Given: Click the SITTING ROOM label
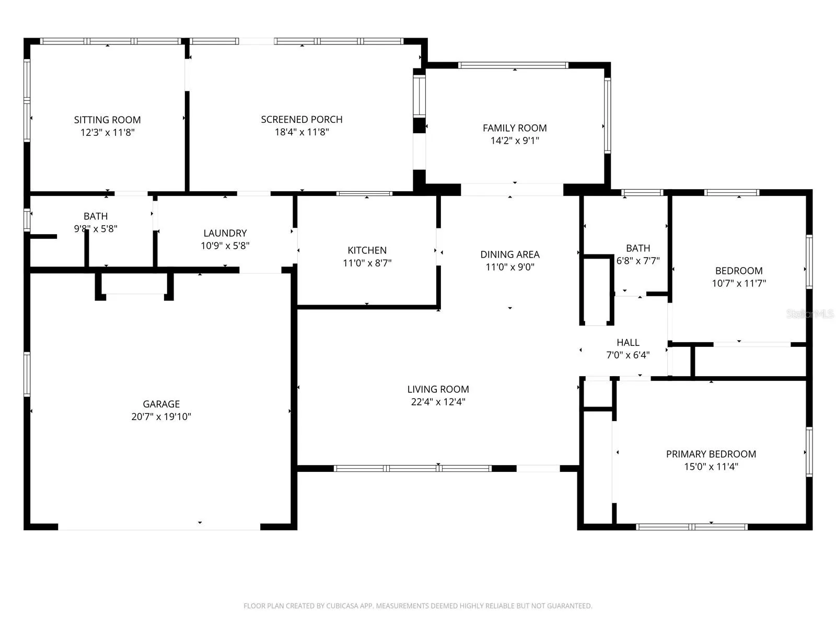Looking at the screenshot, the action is click(x=107, y=120).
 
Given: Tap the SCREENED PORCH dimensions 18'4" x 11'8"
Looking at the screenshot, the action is click(x=301, y=132).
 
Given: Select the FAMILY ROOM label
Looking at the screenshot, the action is click(x=515, y=128).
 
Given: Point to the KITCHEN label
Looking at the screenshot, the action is click(x=367, y=250).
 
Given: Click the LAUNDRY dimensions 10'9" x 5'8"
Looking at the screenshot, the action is click(x=225, y=246).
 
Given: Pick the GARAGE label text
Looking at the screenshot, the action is click(x=161, y=404).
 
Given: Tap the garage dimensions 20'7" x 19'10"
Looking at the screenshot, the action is click(x=161, y=416).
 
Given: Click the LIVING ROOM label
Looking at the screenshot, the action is click(x=438, y=389).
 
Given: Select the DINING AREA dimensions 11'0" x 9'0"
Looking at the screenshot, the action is click(x=510, y=267).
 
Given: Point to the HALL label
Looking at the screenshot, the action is click(x=628, y=342).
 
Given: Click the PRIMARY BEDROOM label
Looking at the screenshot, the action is click(x=711, y=454).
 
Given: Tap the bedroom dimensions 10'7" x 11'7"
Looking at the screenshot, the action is click(x=739, y=283).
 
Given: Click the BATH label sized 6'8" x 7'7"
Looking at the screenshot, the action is click(x=638, y=248).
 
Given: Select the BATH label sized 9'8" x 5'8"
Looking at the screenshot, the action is click(x=95, y=216).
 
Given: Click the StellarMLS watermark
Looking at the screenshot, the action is click(x=810, y=313).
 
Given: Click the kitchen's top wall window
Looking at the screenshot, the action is click(x=364, y=194).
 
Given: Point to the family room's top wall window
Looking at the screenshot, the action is click(x=513, y=65).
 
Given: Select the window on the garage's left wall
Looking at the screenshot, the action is click(x=27, y=375).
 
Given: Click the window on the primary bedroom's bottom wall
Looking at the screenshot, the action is click(x=691, y=527).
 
